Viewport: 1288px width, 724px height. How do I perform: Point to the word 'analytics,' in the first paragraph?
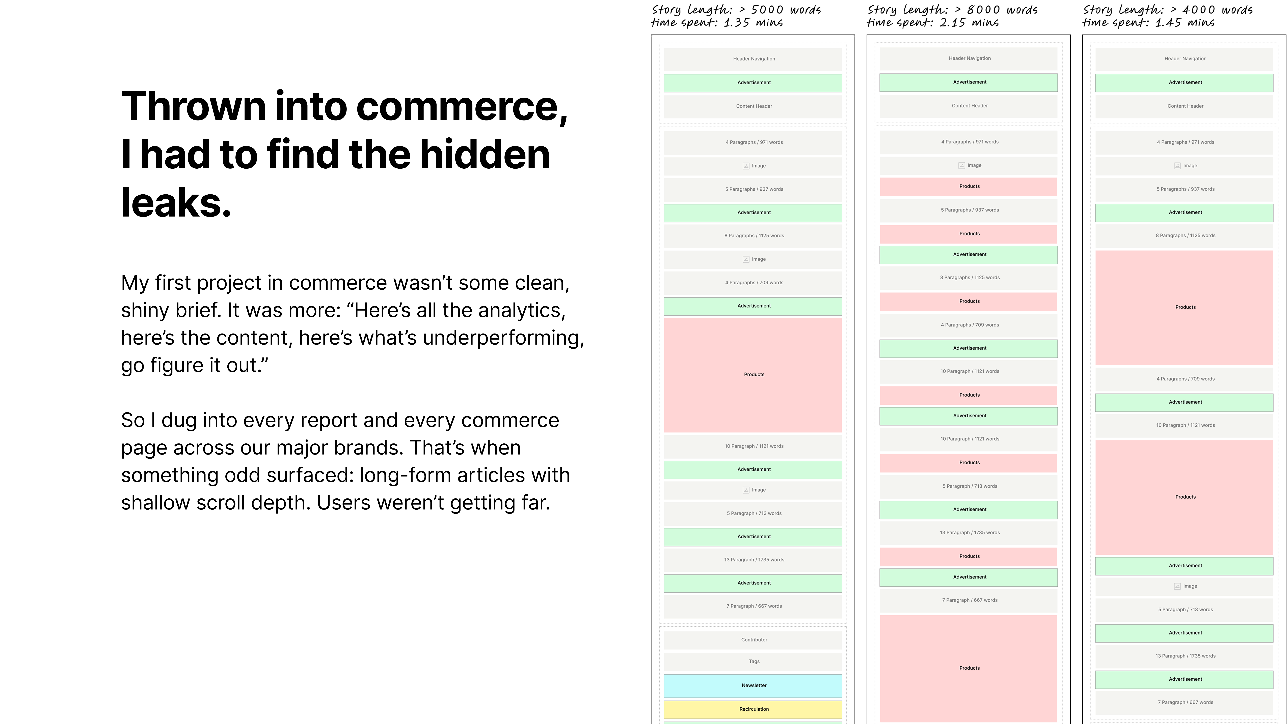[522, 310]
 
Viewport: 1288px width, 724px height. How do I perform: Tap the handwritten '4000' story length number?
[1199, 10]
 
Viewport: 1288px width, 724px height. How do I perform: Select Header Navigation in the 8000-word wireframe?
[969, 58]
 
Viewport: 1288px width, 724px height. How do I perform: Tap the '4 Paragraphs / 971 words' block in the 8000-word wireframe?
[969, 142]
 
